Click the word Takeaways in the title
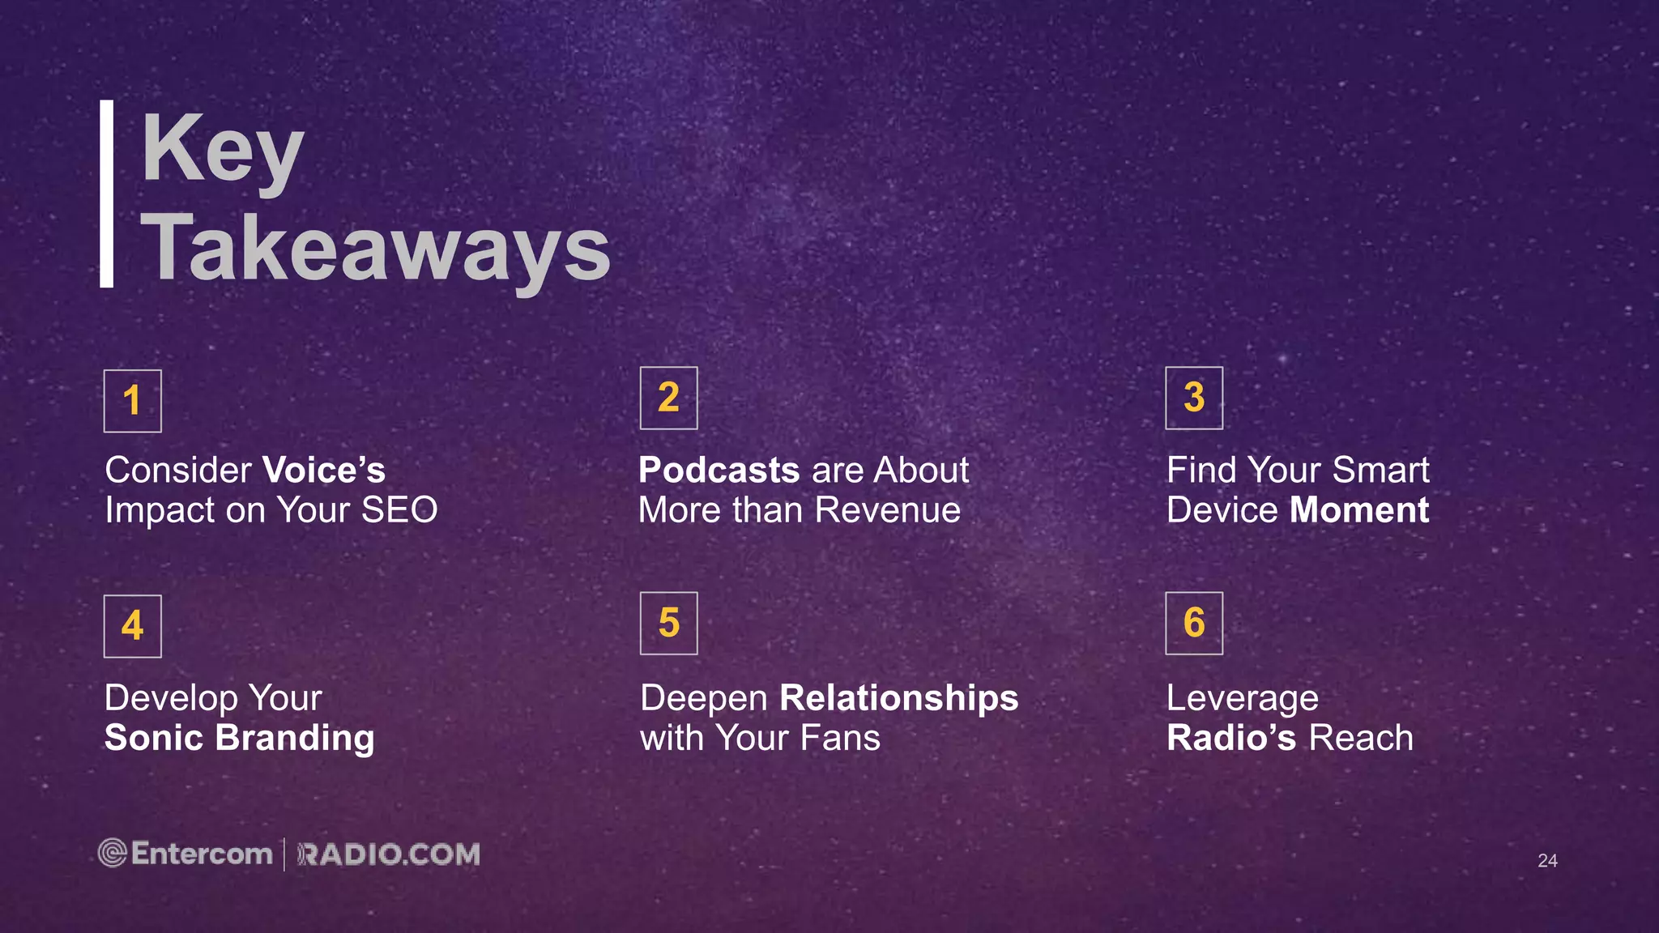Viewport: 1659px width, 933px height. [x=376, y=249]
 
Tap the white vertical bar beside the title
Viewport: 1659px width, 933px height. [x=106, y=194]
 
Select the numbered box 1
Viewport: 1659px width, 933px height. [x=133, y=401]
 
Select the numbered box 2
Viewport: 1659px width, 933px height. [x=668, y=398]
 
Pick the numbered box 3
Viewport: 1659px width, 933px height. [x=1194, y=398]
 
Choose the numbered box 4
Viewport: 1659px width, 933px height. [x=133, y=626]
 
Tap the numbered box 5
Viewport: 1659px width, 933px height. [x=668, y=623]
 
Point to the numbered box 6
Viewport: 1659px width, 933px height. [x=1194, y=623]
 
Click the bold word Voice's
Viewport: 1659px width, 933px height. [x=324, y=471]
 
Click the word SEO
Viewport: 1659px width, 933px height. [x=399, y=510]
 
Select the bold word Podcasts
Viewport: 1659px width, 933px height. [x=719, y=471]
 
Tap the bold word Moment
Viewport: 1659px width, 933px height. [x=1359, y=510]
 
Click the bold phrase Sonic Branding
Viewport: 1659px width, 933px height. [x=240, y=738]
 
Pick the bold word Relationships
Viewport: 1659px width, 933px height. [x=898, y=698]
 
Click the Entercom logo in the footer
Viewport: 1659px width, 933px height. [x=186, y=854]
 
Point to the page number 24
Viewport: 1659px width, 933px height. [x=1547, y=861]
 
